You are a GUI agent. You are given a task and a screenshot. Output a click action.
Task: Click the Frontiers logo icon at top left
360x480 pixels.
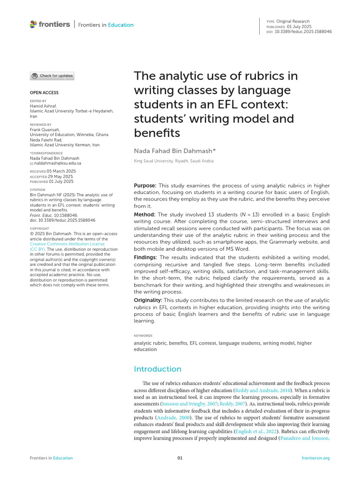pyautogui.click(x=33, y=24)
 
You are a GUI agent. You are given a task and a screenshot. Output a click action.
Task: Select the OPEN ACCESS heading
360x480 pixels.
pyautogui.click(x=44, y=93)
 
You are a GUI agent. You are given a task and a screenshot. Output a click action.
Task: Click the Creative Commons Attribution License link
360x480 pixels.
pyautogui.click(x=67, y=244)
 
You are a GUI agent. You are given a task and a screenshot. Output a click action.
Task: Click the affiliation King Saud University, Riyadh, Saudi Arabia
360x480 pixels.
pyautogui.click(x=174, y=161)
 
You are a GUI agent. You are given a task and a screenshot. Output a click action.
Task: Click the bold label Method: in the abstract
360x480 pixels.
pyautogui.click(x=144, y=214)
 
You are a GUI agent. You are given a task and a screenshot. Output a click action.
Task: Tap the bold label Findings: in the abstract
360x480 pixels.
pyautogui.click(x=146, y=257)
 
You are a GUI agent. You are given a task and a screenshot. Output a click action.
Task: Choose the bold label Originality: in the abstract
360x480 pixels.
pyautogui.click(x=148, y=300)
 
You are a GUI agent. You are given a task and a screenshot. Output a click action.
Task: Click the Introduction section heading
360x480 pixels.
pyautogui.click(x=157, y=369)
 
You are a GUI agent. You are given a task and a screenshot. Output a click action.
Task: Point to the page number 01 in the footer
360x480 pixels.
pyautogui.click(x=180, y=458)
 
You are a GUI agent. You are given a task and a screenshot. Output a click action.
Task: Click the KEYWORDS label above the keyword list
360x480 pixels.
pyautogui.click(x=143, y=336)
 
